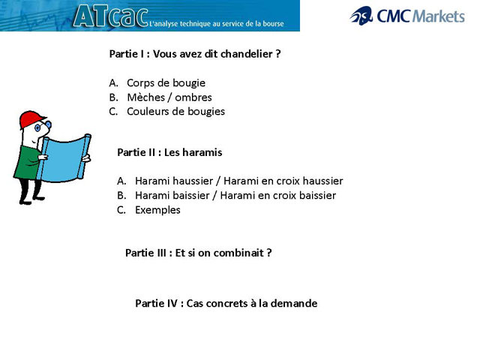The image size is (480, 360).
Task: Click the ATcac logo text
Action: coord(110,16)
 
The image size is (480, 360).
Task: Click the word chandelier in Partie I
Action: coord(246,54)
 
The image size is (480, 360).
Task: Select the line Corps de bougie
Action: coord(166,82)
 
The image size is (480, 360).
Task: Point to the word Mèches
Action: coord(146,97)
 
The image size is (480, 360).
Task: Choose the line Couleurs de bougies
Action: coord(175,112)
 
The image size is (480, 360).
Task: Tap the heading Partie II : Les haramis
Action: coord(169,152)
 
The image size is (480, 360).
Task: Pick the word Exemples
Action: coord(157,210)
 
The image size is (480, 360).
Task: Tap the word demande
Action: coord(295,304)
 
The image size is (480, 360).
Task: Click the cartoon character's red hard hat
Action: coord(31,119)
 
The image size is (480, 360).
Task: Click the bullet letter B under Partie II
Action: coord(121,196)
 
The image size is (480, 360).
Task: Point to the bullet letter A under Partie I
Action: coord(113,83)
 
